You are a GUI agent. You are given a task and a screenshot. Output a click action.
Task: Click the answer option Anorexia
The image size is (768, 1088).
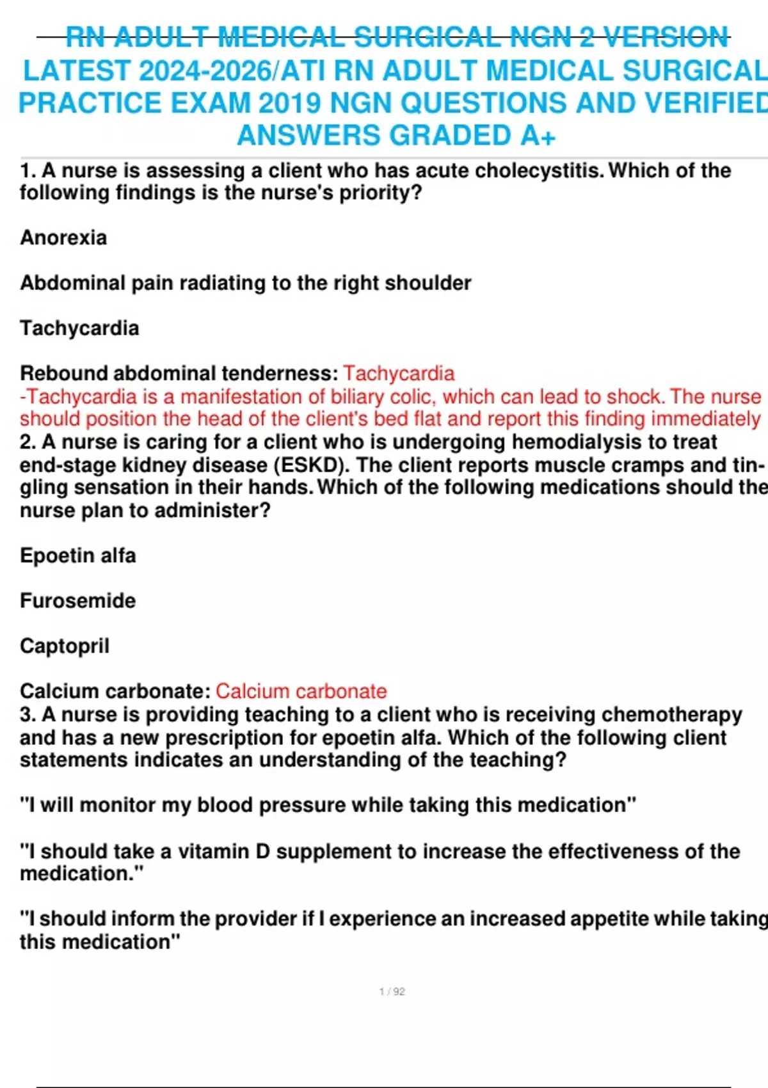click(63, 238)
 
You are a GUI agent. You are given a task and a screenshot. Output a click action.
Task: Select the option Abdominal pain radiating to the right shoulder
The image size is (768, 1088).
click(245, 283)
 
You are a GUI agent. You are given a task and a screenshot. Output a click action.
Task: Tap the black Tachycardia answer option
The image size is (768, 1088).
click(79, 328)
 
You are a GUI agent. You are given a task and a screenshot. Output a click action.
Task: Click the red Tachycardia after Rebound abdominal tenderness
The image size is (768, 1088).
click(399, 373)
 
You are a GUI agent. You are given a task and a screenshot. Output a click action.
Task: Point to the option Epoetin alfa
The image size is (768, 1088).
click(77, 556)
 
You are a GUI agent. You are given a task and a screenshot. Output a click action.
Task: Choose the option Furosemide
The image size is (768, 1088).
click(77, 601)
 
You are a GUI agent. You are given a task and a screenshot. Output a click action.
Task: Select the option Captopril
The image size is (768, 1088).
click(65, 646)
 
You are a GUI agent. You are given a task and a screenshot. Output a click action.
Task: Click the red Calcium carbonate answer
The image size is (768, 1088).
click(301, 691)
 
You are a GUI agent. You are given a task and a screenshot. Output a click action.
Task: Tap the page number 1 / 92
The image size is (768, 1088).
click(392, 991)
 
